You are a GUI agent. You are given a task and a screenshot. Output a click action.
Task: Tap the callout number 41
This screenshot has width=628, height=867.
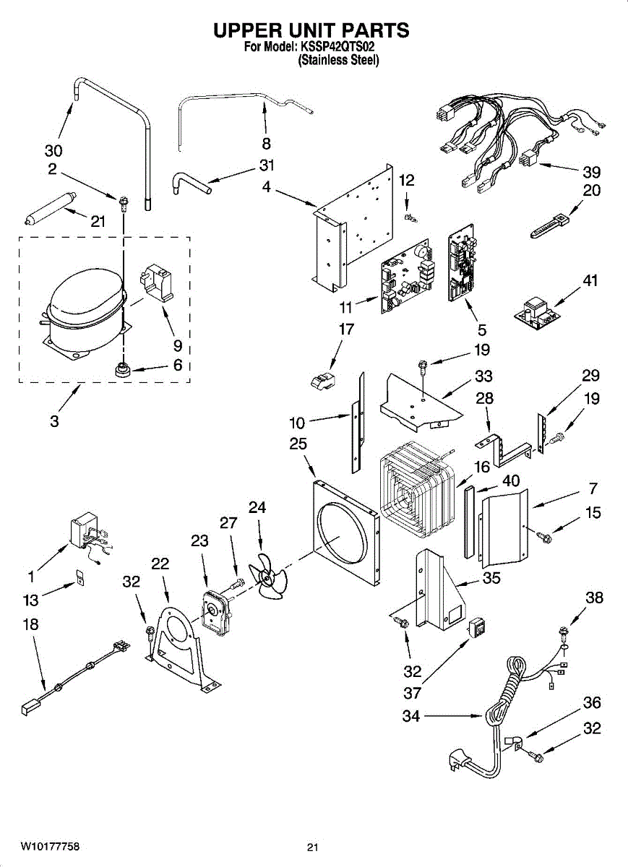[x=591, y=281]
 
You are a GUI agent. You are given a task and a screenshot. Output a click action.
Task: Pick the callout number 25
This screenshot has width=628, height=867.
[x=298, y=444]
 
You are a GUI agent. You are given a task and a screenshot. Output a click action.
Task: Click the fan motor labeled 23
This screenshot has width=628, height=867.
[x=215, y=603]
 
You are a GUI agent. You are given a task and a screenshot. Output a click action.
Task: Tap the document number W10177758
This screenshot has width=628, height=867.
[x=50, y=846]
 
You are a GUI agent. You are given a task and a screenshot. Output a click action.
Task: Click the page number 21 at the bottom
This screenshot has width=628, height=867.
[x=312, y=847]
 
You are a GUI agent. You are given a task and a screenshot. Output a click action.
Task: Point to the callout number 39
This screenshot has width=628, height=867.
[x=591, y=172]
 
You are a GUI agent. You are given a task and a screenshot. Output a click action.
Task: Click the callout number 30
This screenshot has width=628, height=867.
[x=53, y=150]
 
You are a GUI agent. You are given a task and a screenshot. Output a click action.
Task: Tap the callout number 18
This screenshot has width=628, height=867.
[x=30, y=625]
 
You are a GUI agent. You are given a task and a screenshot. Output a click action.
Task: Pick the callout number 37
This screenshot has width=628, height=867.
[x=413, y=694]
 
